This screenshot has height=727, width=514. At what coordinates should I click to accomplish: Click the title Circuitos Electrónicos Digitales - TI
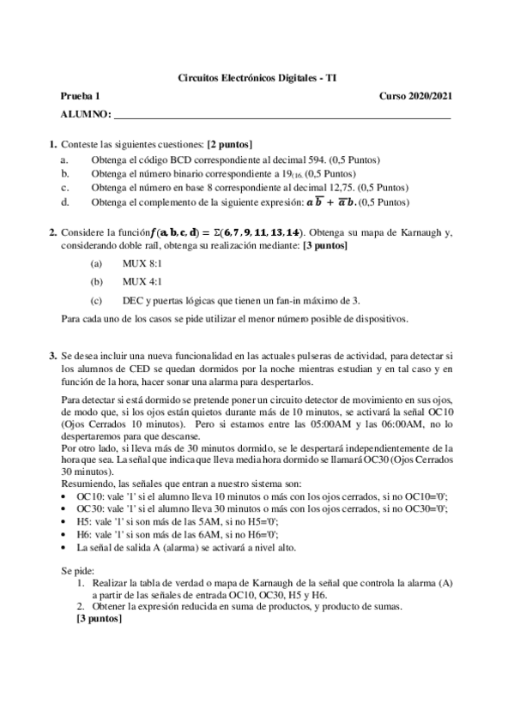(x=257, y=77)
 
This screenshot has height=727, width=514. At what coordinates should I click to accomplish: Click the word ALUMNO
(x=85, y=115)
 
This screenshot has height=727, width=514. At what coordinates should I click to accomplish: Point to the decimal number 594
(x=317, y=160)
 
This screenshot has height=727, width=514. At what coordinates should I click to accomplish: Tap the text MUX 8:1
(x=140, y=264)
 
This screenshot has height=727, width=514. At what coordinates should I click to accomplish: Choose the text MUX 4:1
(x=140, y=281)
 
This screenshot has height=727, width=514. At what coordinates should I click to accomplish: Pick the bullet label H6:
(x=84, y=533)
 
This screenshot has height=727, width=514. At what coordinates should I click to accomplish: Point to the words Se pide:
(x=79, y=569)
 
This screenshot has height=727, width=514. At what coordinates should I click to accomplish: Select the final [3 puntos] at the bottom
(x=100, y=619)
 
